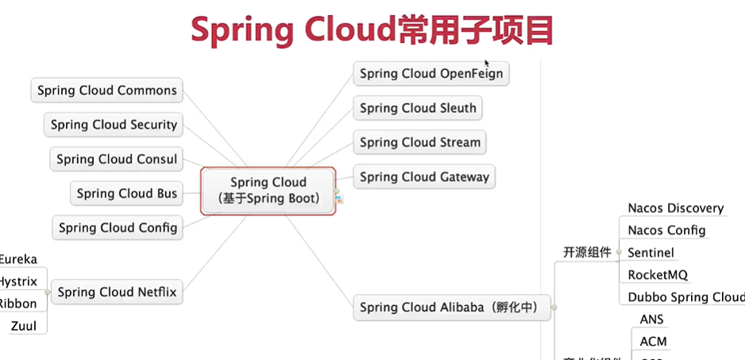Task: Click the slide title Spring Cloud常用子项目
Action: coord(372,30)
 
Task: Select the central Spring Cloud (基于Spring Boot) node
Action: coord(268,191)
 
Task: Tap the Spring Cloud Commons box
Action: coord(107,91)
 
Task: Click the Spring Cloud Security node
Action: coord(114,125)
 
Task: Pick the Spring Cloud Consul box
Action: coord(117,159)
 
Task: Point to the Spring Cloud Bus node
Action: coord(127,193)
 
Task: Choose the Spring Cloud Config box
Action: coord(118,227)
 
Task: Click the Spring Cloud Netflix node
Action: coord(118,292)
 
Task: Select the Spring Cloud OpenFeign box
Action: coord(430,74)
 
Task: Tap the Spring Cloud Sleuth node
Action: coord(418,108)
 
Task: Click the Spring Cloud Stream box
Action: coord(420,142)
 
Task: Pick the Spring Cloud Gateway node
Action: coord(424,176)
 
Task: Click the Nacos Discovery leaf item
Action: coord(675,208)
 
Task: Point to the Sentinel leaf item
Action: coord(650,253)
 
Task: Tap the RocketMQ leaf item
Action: coord(657,275)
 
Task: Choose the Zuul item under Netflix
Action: coord(24,326)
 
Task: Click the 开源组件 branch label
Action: coord(587,253)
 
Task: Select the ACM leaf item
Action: coord(653,342)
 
